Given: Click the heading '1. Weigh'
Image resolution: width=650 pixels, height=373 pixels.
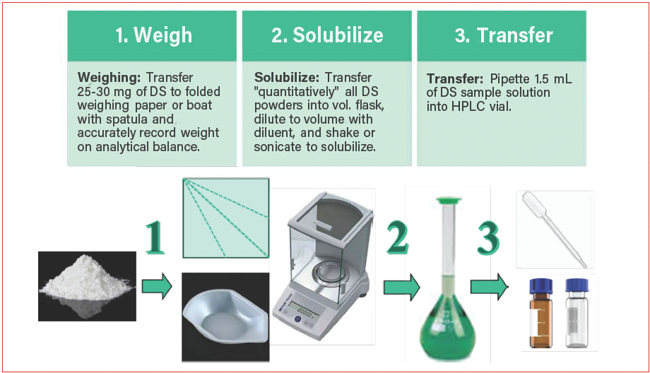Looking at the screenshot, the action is [154, 35].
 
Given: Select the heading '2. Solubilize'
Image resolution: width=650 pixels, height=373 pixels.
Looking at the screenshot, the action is [327, 35].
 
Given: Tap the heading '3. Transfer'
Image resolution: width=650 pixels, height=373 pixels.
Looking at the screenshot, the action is [504, 35].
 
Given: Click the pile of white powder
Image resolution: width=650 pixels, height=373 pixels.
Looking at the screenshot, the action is [87, 279].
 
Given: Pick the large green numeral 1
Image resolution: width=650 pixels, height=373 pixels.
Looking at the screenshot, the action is [155, 237].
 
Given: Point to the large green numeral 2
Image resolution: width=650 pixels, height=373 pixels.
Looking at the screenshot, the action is [397, 237].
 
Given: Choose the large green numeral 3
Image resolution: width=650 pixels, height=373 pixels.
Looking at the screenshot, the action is [488, 237].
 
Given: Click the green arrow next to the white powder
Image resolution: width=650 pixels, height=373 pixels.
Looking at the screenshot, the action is [157, 286].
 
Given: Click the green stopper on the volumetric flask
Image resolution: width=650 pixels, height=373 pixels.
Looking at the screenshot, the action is [449, 201].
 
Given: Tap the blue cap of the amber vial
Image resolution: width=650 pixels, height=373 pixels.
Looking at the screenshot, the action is [541, 286].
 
